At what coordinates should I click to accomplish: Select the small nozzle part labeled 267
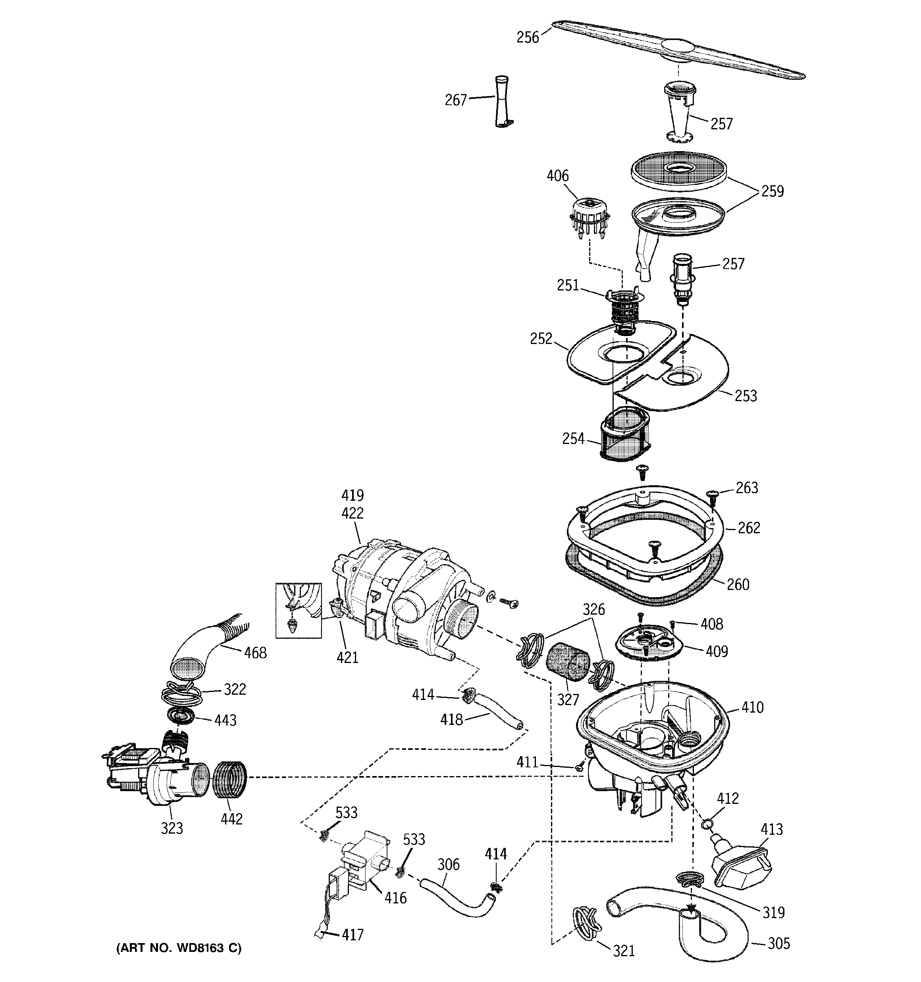pyautogui.click(x=503, y=102)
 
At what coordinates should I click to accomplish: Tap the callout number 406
pyautogui.click(x=558, y=176)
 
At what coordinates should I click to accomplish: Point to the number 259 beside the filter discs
pyautogui.click(x=772, y=191)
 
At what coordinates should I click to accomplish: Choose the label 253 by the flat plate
pyautogui.click(x=746, y=396)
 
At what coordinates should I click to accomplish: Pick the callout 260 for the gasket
pyautogui.click(x=738, y=584)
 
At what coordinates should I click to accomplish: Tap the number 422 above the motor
pyautogui.click(x=353, y=513)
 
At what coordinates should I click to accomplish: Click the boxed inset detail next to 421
pyautogui.click(x=299, y=611)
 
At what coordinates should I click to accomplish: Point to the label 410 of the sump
pyautogui.click(x=752, y=707)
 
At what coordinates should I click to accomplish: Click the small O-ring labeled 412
pyautogui.click(x=707, y=823)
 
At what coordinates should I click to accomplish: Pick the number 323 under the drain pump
pyautogui.click(x=172, y=828)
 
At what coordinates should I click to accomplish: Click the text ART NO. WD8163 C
pyautogui.click(x=179, y=948)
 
